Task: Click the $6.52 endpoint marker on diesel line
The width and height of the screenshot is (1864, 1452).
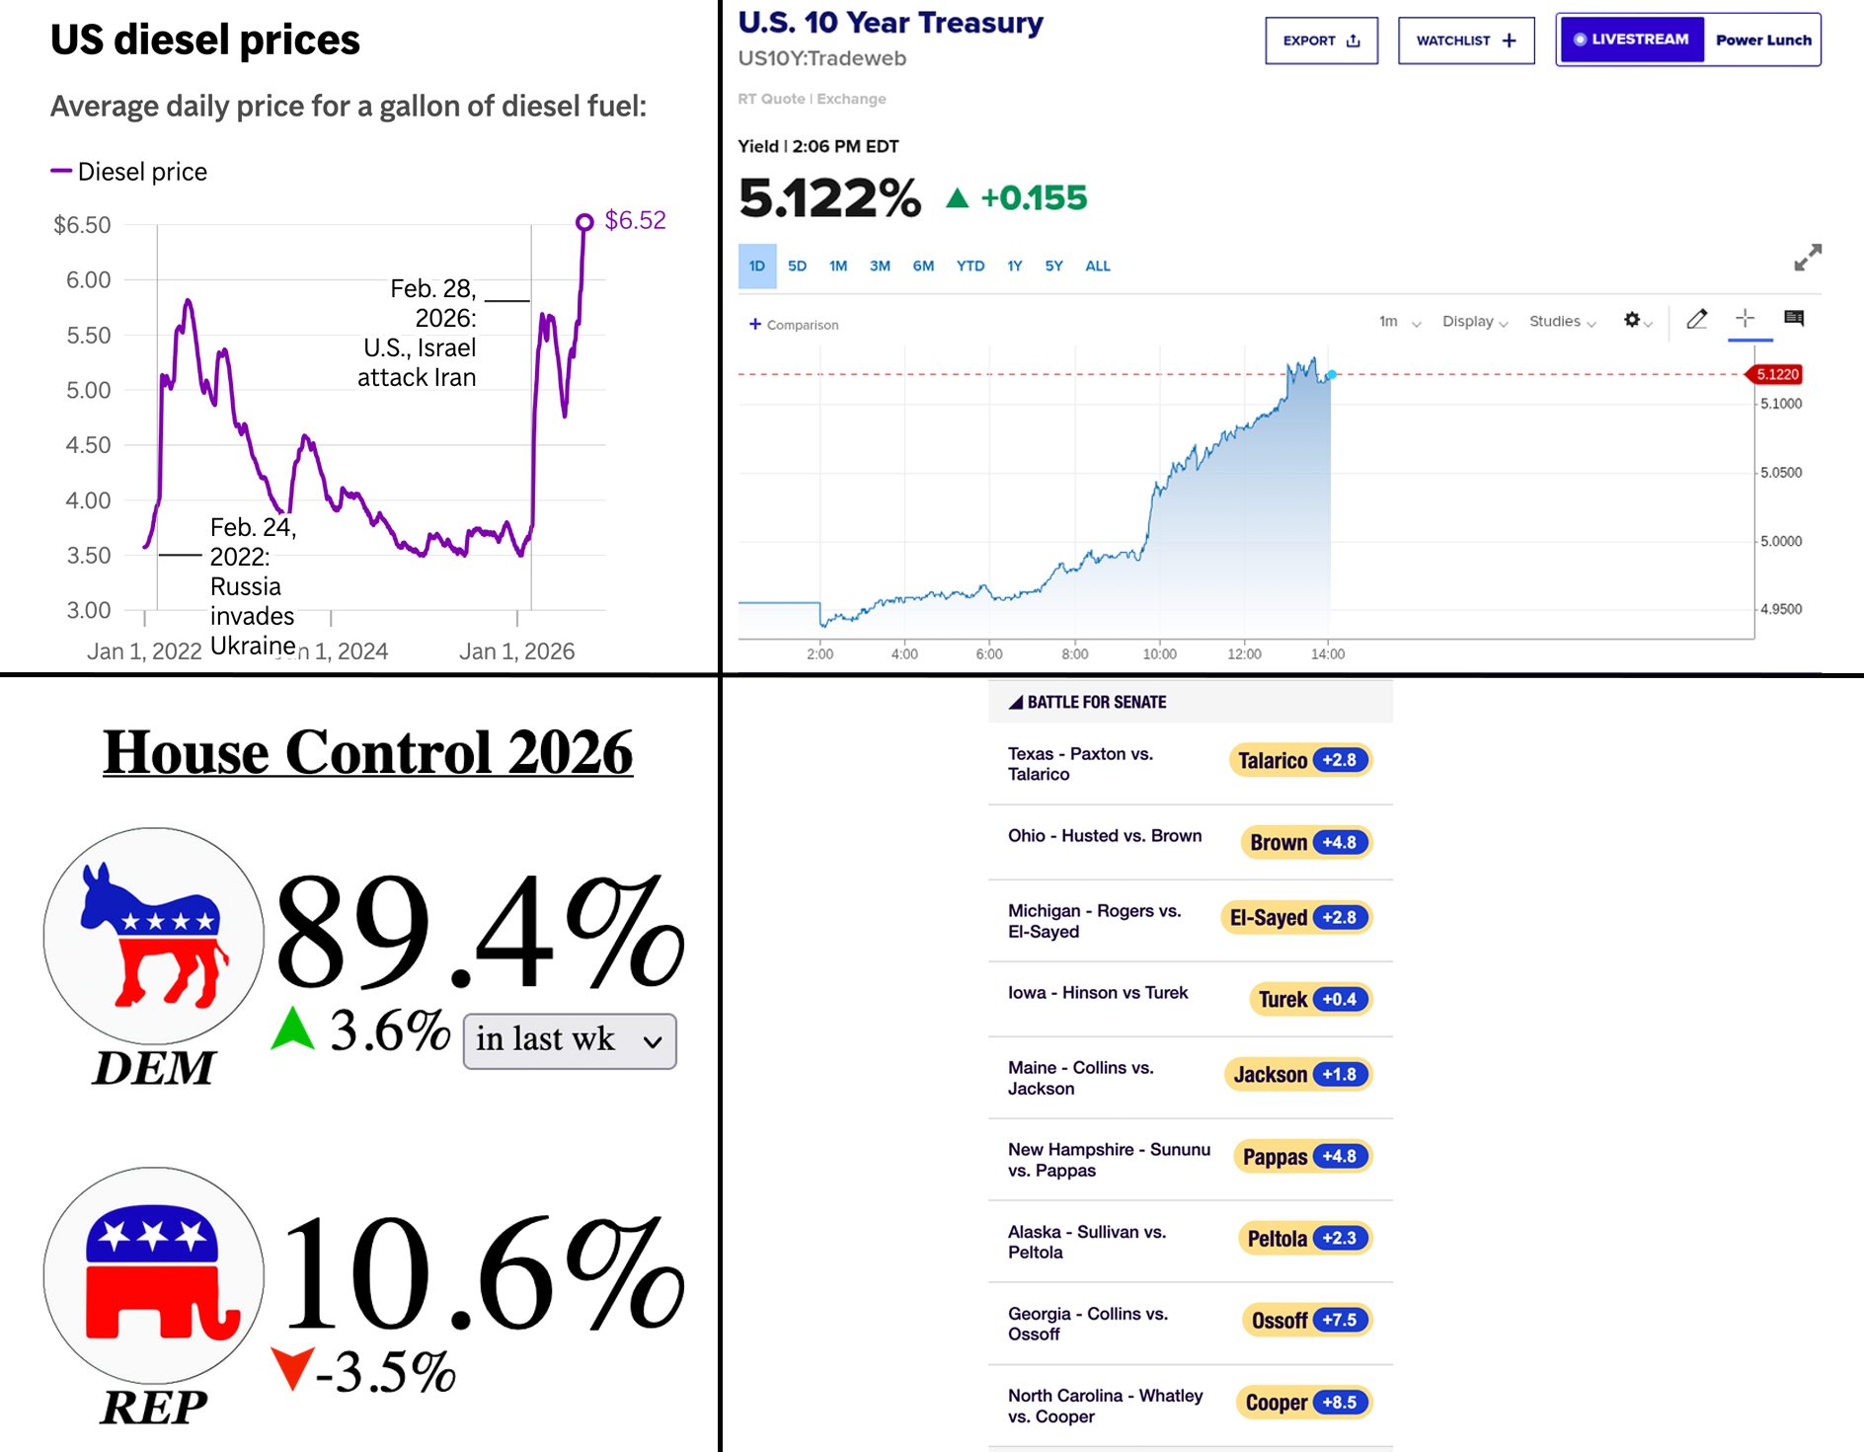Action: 584,222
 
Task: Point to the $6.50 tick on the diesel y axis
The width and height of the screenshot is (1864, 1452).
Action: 82,225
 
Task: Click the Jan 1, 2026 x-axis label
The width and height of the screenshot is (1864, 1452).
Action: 516,651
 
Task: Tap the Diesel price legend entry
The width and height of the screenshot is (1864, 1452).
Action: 129,172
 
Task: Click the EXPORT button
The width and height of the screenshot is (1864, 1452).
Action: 1321,40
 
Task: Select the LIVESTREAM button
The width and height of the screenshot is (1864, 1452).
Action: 1631,39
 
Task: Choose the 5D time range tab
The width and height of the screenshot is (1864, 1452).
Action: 797,267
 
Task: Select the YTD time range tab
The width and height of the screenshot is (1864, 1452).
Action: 971,267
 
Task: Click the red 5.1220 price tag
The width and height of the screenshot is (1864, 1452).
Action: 1775,374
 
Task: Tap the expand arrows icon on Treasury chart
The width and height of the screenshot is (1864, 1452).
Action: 1808,258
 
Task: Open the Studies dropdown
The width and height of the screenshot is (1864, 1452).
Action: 1562,322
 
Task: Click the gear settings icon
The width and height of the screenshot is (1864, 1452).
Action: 1632,320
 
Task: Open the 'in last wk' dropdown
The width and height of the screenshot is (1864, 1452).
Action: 570,1040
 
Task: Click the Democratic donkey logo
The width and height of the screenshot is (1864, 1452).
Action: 153,935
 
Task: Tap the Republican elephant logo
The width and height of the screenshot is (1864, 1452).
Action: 153,1275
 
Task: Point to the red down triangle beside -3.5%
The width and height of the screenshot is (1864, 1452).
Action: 292,1368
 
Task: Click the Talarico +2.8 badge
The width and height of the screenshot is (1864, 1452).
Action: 1300,760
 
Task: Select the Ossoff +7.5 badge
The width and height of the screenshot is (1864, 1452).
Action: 1306,1320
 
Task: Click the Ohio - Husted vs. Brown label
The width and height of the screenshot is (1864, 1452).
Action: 1105,836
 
